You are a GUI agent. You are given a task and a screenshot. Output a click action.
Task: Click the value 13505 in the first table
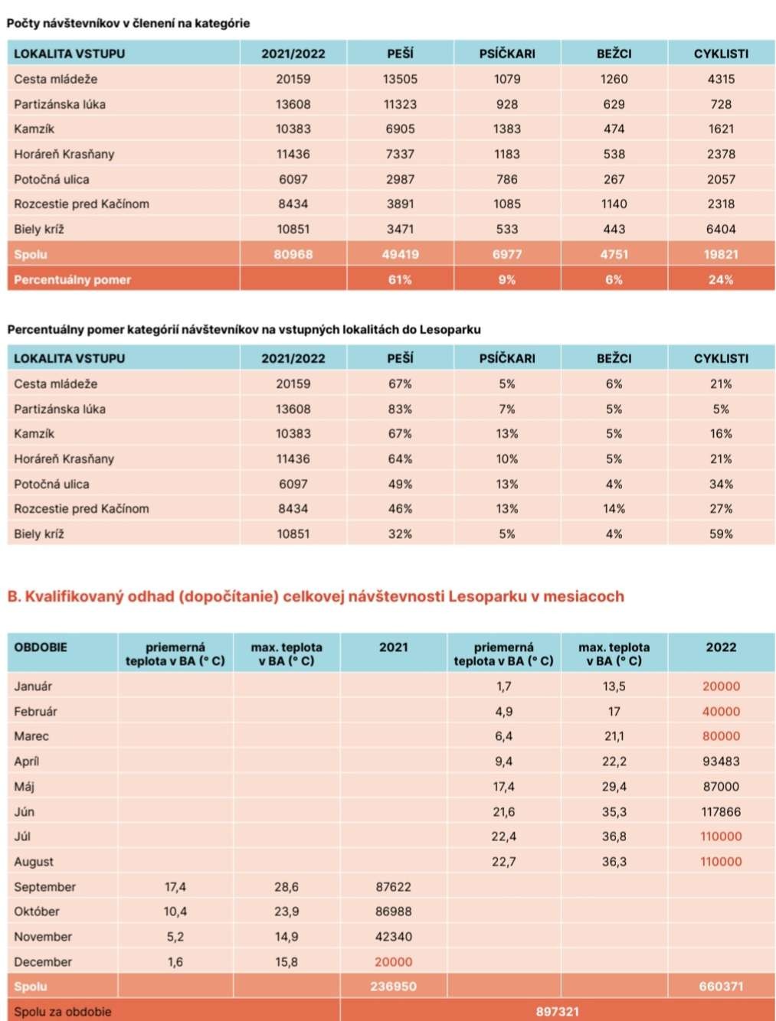tap(400, 79)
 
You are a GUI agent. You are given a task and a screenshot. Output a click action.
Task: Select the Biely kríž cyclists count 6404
tap(721, 229)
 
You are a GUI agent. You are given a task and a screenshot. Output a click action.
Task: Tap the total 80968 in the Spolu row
tap(293, 254)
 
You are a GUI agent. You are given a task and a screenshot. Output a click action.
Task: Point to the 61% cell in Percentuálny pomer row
tap(400, 279)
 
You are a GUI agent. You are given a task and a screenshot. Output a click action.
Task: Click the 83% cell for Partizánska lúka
tap(400, 409)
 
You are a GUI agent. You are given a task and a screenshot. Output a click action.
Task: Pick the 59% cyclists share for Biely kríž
tap(721, 533)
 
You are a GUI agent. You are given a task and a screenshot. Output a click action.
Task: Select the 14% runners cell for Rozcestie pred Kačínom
tap(614, 508)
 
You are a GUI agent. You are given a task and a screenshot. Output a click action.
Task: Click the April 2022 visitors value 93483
tap(721, 762)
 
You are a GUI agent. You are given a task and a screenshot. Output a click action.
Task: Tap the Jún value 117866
tap(721, 811)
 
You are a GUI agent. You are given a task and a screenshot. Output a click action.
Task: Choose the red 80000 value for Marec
tap(721, 736)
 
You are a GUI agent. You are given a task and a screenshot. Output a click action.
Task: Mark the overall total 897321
tap(557, 1011)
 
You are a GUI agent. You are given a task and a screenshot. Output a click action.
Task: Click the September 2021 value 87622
tap(393, 887)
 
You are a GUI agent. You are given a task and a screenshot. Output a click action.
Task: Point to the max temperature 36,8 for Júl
tap(614, 837)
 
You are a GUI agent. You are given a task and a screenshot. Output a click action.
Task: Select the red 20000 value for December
tap(393, 962)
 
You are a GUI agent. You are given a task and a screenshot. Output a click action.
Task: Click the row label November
tap(43, 937)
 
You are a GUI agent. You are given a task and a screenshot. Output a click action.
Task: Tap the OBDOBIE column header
tap(41, 648)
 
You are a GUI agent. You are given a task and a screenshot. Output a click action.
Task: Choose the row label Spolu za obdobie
tap(62, 1011)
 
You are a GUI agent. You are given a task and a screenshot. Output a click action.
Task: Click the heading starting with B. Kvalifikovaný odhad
tap(316, 596)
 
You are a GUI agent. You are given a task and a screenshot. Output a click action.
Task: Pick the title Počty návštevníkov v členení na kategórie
tap(128, 23)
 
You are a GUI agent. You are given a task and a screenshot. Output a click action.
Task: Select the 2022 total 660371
tap(721, 987)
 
